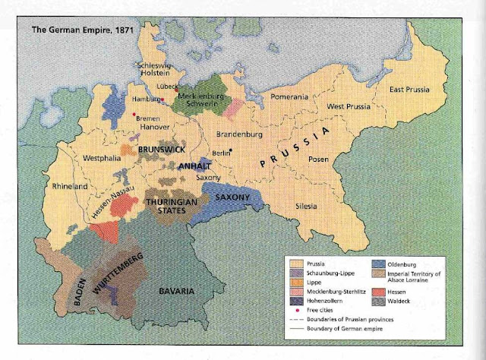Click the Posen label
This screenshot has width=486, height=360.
coord(320,161)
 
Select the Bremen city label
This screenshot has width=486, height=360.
coord(147,118)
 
